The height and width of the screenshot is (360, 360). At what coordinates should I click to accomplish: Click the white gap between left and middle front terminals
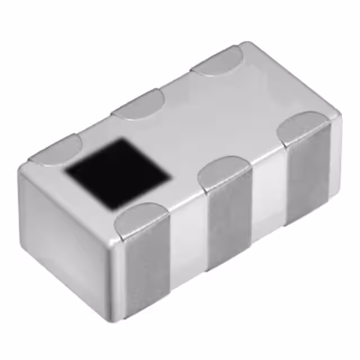coord(188,242)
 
